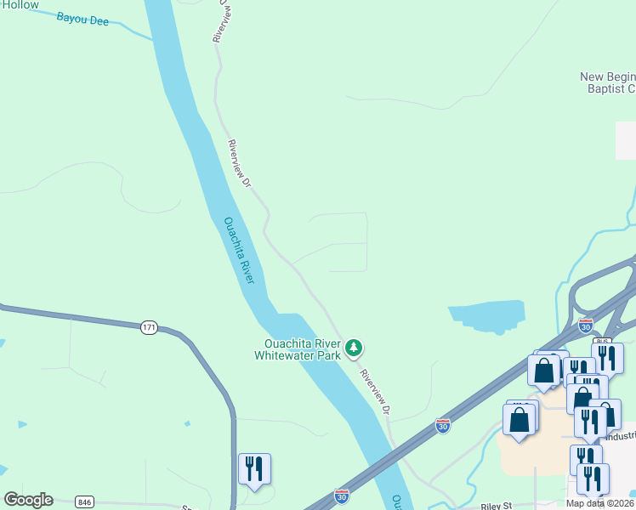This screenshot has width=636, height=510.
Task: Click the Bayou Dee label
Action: (x=82, y=20)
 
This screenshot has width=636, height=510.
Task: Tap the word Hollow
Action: (x=20, y=5)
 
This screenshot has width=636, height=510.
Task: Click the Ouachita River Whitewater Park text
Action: (x=298, y=349)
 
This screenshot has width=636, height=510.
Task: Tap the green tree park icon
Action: (x=355, y=348)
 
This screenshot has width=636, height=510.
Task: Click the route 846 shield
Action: (x=82, y=501)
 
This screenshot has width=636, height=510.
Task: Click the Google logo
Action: (x=28, y=500)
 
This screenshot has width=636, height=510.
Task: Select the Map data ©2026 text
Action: (x=600, y=503)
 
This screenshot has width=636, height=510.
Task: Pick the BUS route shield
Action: (x=603, y=342)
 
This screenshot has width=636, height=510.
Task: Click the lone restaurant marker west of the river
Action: (x=254, y=469)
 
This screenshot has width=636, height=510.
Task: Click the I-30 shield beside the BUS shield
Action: (x=585, y=325)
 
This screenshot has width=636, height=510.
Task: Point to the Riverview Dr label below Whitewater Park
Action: (x=375, y=392)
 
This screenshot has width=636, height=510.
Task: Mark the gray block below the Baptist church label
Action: (x=625, y=140)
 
